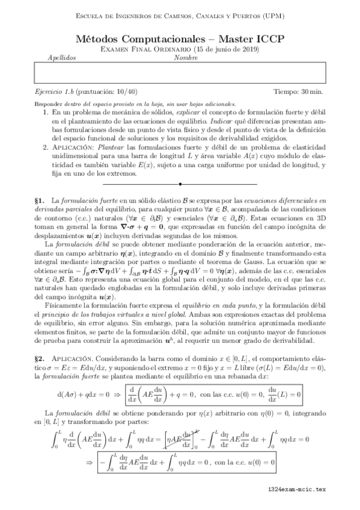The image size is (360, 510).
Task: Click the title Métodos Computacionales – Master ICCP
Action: [180, 38]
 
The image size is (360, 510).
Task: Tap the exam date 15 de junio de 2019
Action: [228, 49]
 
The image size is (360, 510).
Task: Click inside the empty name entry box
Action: [180, 73]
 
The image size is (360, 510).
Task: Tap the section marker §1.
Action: [41, 198]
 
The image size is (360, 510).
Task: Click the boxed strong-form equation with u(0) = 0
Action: [216, 395]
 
